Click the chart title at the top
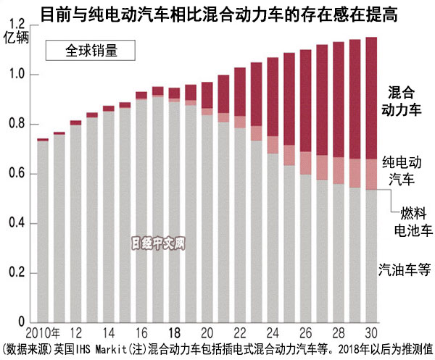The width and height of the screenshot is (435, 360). tap(217, 13)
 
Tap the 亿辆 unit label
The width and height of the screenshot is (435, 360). tap(15, 38)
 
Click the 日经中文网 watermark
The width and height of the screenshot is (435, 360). tap(159, 244)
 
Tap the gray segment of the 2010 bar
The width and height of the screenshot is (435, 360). tap(43, 232)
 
